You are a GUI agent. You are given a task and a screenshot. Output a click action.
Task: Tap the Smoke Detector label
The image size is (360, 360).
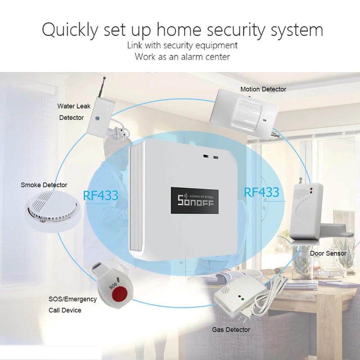click(44, 185)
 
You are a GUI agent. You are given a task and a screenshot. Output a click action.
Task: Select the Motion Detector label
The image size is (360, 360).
click(263, 89)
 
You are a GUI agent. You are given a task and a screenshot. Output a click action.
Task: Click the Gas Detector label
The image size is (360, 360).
click(231, 330)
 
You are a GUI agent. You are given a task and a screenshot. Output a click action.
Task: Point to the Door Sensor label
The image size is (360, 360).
click(328, 253)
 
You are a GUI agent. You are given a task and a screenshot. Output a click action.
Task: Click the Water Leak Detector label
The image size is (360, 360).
click(73, 112)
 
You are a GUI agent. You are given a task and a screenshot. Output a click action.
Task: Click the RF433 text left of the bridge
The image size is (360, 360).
click(100, 195)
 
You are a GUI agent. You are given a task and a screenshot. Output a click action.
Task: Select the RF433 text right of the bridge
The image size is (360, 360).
click(261, 193)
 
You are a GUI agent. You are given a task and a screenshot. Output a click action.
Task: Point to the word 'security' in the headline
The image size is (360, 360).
click(256, 30)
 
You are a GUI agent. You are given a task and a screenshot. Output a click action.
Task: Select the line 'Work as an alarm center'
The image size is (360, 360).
click(182, 57)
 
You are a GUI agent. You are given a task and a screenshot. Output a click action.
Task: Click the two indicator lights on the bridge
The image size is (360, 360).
click(211, 157)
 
